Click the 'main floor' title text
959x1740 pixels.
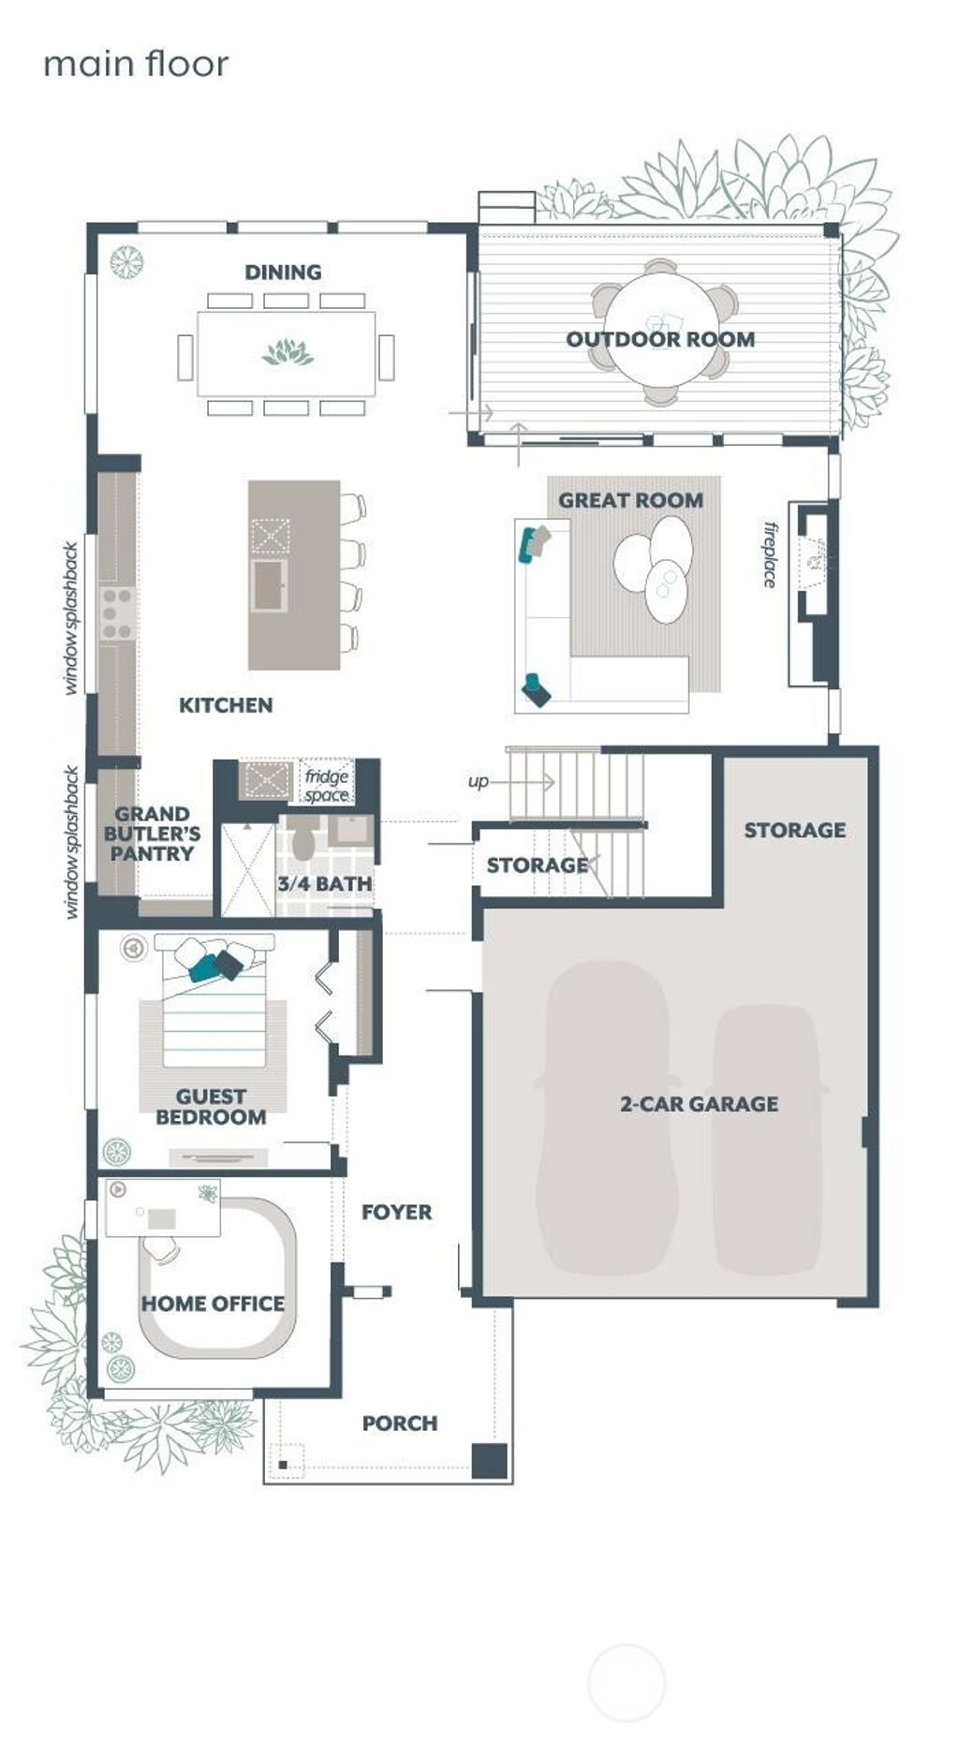pyautogui.click(x=136, y=65)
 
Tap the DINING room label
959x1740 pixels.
pyautogui.click(x=283, y=273)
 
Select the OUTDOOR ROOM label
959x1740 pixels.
pyautogui.click(x=660, y=339)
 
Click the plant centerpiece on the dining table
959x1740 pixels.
pyautogui.click(x=288, y=353)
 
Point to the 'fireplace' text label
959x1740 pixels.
pyautogui.click(x=770, y=554)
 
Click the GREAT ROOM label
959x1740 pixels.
pyautogui.click(x=630, y=500)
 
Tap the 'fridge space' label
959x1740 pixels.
pyautogui.click(x=327, y=785)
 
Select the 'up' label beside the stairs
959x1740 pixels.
pyautogui.click(x=478, y=781)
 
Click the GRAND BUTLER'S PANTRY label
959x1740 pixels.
pyautogui.click(x=152, y=833)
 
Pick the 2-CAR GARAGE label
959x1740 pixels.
pyautogui.click(x=699, y=1104)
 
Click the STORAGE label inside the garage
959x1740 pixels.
pyautogui.click(x=794, y=830)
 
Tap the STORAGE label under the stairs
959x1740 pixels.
pyautogui.click(x=537, y=865)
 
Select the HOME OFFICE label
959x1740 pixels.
pyautogui.click(x=213, y=1304)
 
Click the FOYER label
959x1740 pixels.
pyautogui.click(x=397, y=1212)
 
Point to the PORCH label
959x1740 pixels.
pyautogui.click(x=400, y=1423)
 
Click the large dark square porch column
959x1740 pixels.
pyautogui.click(x=489, y=1461)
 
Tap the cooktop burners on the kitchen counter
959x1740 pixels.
pyautogui.click(x=117, y=613)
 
